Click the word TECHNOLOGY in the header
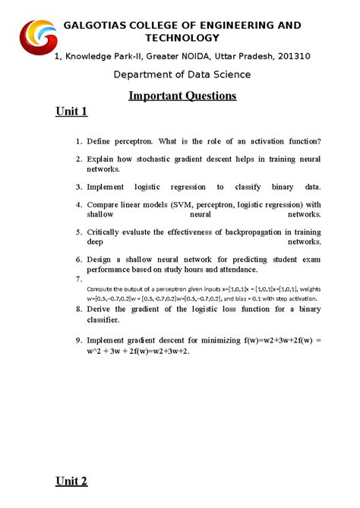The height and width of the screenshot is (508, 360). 182,38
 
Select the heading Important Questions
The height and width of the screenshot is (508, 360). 182,96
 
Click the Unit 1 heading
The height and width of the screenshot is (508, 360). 72,112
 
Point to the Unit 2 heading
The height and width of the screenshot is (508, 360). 72,481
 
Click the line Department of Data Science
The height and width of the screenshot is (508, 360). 182,74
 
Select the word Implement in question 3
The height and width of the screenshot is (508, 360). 110,186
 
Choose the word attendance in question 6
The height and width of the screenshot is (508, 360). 235,270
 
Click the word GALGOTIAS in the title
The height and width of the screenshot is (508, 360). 99,25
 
